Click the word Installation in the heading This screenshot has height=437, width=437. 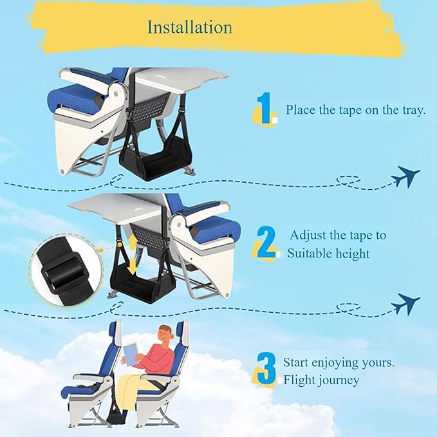189,27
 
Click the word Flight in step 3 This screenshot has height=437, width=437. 300,380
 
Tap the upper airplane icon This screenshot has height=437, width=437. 405,176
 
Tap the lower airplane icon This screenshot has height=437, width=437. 405,303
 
